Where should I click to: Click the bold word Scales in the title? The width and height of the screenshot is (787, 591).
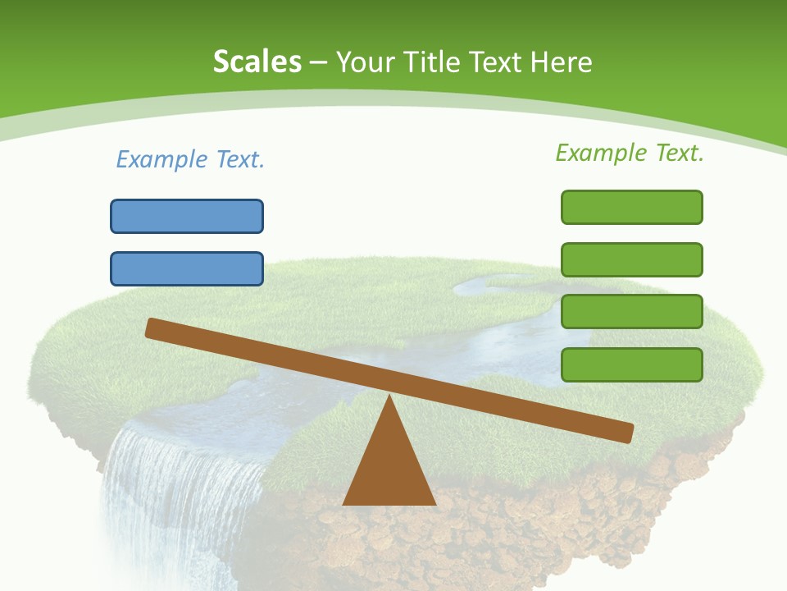pyautogui.click(x=257, y=62)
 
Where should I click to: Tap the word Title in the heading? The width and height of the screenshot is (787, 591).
pyautogui.click(x=432, y=62)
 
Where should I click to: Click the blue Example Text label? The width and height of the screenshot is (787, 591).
pyautogui.click(x=190, y=159)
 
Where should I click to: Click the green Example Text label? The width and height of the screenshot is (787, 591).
pyautogui.click(x=630, y=153)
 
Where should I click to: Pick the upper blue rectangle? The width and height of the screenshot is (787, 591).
pyautogui.click(x=187, y=216)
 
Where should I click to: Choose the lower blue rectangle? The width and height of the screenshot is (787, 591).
pyautogui.click(x=187, y=268)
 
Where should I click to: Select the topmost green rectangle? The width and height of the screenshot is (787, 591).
pyautogui.click(x=631, y=207)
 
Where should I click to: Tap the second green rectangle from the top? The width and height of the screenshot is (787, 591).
pyautogui.click(x=631, y=259)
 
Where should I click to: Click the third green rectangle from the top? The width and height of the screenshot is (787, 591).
pyautogui.click(x=631, y=312)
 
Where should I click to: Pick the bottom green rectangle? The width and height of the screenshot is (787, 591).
pyautogui.click(x=631, y=364)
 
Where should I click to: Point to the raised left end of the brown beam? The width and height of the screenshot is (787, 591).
pyautogui.click(x=152, y=328)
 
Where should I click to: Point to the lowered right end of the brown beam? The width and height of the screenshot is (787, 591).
pyautogui.click(x=626, y=433)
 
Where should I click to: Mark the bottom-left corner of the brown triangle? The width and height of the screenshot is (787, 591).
pyautogui.click(x=344, y=503)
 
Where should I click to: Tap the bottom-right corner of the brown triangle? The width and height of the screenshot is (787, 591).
pyautogui.click(x=434, y=503)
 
